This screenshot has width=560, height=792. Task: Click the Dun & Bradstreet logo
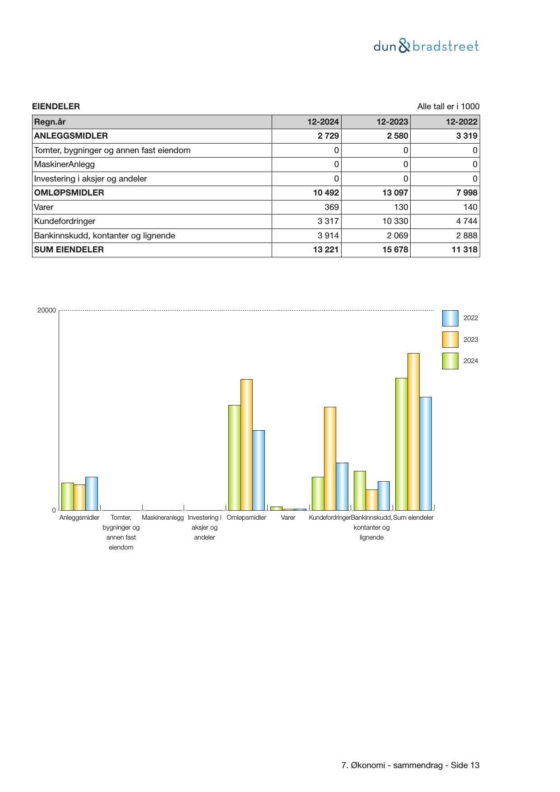(x=426, y=46)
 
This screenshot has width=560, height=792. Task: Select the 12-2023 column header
(x=392, y=122)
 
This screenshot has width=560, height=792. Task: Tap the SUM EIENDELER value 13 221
(x=326, y=250)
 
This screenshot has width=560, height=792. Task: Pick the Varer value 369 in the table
(x=332, y=207)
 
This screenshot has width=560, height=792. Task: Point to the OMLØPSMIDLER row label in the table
(x=69, y=193)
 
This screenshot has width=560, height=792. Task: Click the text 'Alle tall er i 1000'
(x=448, y=107)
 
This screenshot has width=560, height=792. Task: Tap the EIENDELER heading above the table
(x=56, y=107)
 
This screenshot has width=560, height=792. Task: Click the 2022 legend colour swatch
(x=450, y=318)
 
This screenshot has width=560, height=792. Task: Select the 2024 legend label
(x=471, y=361)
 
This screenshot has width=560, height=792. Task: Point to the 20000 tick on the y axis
(x=47, y=311)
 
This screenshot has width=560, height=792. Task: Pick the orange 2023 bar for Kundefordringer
(x=330, y=458)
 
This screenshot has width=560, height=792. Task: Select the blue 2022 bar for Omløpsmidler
(x=259, y=470)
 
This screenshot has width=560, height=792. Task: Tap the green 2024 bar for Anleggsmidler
(x=68, y=496)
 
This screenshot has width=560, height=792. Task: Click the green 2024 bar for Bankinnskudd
(x=360, y=490)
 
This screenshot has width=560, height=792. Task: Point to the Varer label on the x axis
(x=288, y=518)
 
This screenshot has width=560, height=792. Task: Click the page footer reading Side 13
(x=411, y=765)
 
